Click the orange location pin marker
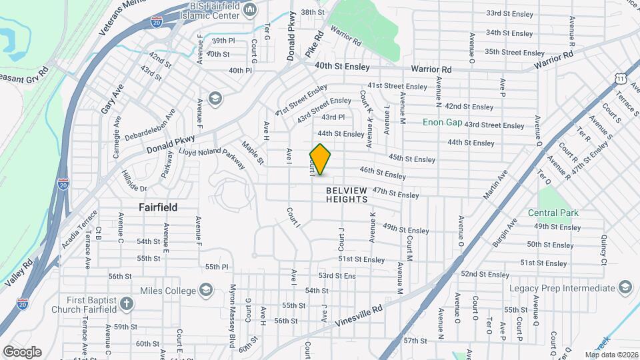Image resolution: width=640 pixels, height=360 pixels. (x=321, y=159)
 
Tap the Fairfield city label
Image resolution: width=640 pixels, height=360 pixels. (x=158, y=207)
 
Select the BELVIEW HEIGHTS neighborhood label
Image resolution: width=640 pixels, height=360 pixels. (x=347, y=195)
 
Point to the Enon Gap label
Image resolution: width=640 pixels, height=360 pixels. (x=442, y=122)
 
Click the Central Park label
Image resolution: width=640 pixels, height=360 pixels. (x=553, y=213)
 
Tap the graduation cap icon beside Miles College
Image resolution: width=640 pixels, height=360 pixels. (x=206, y=290)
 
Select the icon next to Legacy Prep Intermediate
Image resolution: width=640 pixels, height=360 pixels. (x=625, y=287)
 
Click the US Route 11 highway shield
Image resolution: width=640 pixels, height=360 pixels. (x=621, y=79)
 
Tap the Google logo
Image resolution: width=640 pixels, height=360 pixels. (x=22, y=352)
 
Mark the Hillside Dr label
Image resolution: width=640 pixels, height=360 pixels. (x=133, y=179)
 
